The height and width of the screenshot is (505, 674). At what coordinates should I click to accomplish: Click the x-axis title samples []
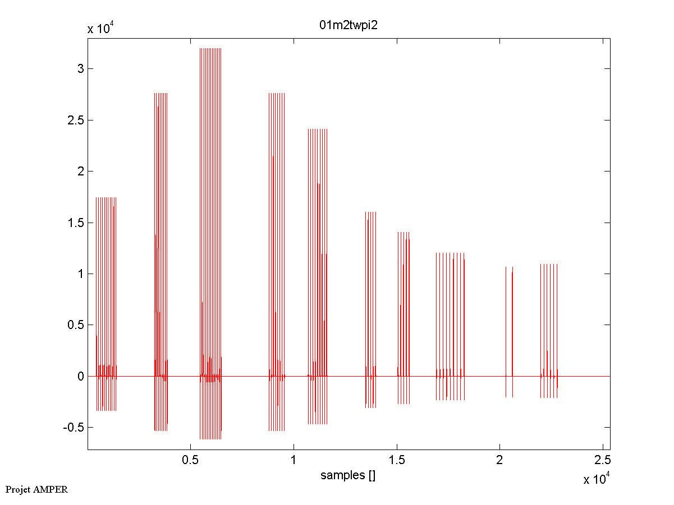[x=348, y=476]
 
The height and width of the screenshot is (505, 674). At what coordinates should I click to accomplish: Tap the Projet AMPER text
[x=36, y=489]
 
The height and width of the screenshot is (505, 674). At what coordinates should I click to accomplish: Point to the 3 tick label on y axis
[x=81, y=69]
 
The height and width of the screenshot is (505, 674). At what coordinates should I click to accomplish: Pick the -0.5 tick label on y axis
[x=74, y=427]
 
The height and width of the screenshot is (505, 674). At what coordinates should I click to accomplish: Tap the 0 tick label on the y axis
[x=81, y=376]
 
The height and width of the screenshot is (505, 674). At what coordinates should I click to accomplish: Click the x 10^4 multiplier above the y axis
[x=101, y=29]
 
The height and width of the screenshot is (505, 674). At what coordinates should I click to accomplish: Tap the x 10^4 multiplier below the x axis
[x=597, y=480]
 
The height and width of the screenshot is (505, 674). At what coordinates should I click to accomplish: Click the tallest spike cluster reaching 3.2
[x=210, y=224]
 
